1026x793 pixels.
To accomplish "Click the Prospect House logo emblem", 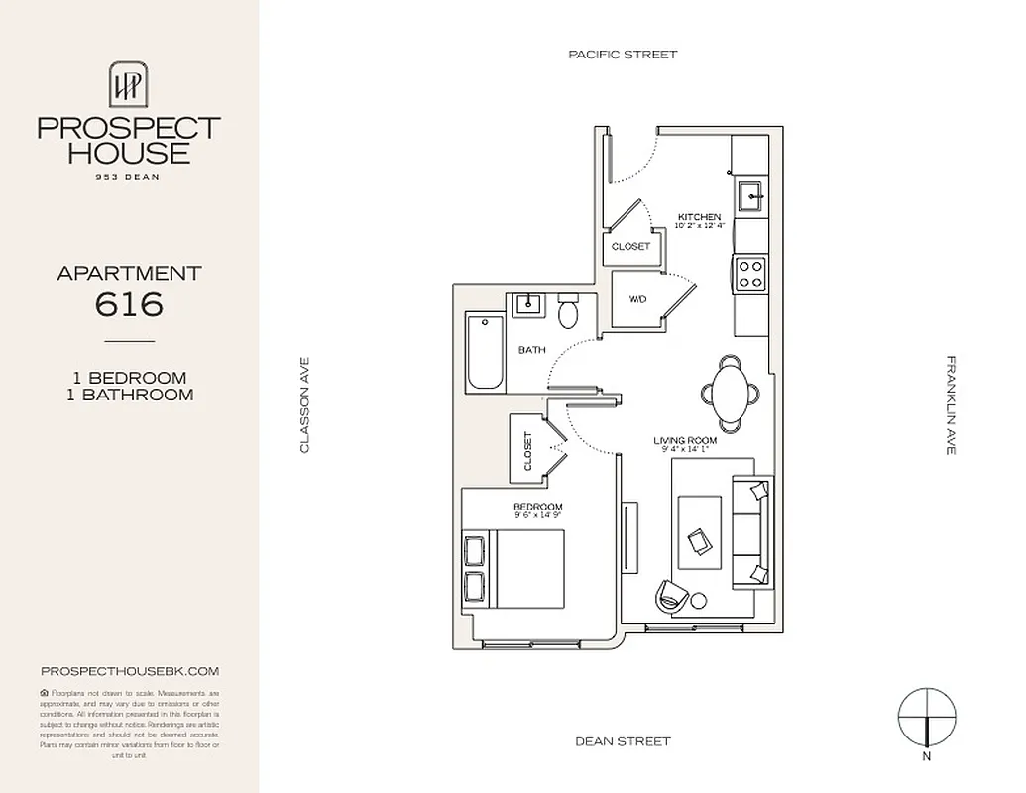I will (129, 83).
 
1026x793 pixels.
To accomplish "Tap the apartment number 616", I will (129, 303).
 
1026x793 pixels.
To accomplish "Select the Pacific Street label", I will (623, 55).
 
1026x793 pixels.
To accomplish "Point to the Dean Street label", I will (623, 741).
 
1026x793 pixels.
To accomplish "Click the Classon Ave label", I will (305, 405).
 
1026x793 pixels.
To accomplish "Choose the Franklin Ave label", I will (950, 405).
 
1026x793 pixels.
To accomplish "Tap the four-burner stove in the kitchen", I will (750, 273).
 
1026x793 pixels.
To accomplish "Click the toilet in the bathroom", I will (568, 312).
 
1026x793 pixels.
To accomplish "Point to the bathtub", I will (486, 352).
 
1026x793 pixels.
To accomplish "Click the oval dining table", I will (730, 393).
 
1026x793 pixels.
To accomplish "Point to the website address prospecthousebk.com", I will (129, 671).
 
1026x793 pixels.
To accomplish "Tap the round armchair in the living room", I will (671, 595).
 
